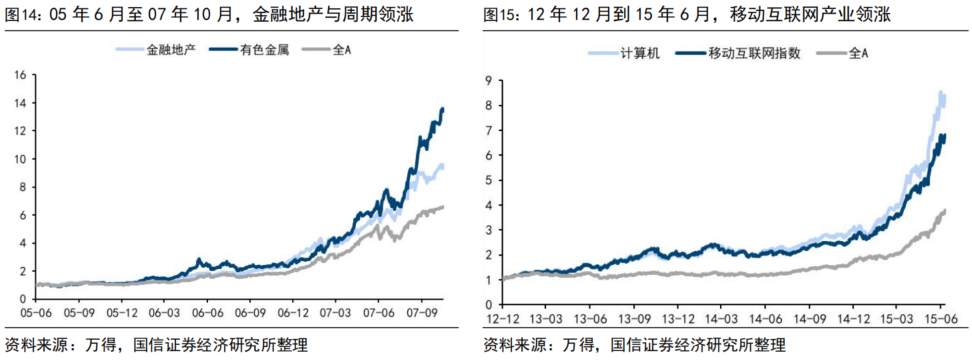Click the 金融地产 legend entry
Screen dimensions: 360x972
(x=166, y=48)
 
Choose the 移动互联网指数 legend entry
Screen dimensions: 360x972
(x=755, y=48)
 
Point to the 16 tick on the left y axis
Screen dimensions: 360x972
(x=20, y=74)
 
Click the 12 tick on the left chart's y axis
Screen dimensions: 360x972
(x=20, y=130)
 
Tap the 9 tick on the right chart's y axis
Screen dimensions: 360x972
(x=487, y=79)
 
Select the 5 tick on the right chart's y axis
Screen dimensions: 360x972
(x=487, y=180)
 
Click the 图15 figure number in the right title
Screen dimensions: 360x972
(x=503, y=15)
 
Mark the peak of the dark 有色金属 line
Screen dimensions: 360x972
(x=442, y=108)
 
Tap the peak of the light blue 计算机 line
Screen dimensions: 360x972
(x=940, y=93)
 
